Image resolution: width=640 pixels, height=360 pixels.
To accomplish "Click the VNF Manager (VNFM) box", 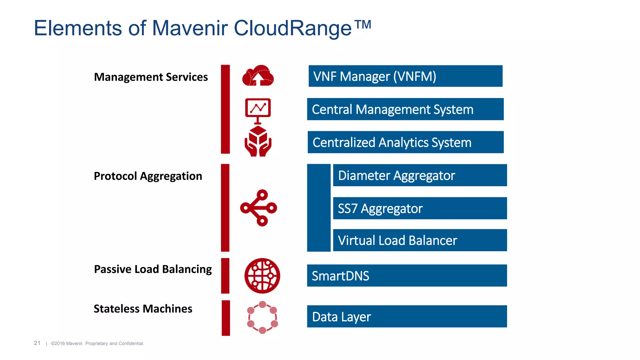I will pos(405,76).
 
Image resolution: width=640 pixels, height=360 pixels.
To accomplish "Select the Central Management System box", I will pos(405,109).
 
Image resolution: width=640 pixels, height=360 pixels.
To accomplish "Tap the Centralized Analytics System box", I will pos(405,142).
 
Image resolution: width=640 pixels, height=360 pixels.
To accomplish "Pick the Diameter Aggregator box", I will pos(420,175).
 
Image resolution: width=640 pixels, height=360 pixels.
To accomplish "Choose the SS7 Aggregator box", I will pos(420,208).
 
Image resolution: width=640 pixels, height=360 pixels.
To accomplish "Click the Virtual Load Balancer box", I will pos(420,240).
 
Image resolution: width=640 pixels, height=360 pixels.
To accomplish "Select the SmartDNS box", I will pos(407,276).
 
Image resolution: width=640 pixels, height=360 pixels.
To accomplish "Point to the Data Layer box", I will pos(407,316).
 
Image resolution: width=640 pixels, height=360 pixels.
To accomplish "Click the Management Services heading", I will pos(151,77).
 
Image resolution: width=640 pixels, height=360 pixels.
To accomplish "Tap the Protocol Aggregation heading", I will pos(148,176).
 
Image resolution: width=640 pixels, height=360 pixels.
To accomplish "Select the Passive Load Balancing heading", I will pos(153,269).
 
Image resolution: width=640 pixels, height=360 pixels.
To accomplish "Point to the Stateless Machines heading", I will pos(143,309).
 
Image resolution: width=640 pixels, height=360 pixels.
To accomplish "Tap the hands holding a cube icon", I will pos(258,141).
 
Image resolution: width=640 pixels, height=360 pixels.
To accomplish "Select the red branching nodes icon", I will pos(258,208).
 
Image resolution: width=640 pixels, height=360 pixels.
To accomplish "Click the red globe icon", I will pos(262,276).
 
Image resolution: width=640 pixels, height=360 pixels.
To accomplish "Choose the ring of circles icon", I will pos(262,317).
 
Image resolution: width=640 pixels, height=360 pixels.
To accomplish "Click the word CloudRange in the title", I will pos(292,28).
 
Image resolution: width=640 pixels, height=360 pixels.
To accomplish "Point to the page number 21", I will pos(37,343).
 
